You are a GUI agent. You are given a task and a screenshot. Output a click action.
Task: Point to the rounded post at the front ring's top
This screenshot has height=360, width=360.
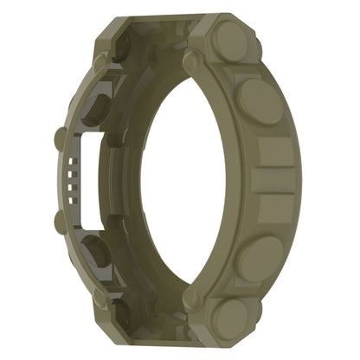(x=190, y=60)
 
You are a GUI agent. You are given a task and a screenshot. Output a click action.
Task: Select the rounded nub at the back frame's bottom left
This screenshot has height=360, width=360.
(x=101, y=295)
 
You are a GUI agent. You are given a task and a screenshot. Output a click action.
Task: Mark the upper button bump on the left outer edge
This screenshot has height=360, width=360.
(x=60, y=138)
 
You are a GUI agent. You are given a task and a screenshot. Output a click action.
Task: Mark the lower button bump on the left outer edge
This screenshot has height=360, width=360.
(x=60, y=222)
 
